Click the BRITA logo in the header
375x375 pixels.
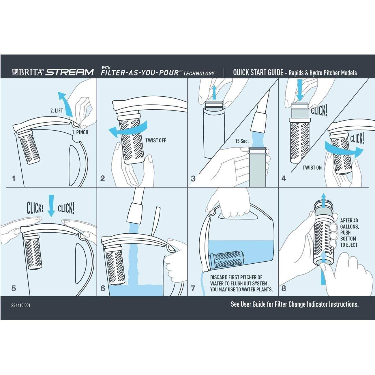coord(27,72)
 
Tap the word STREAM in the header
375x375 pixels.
coord(70,72)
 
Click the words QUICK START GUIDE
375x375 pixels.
coord(258,73)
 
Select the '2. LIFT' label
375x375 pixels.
coord(57,111)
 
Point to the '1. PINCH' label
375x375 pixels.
coord(80,132)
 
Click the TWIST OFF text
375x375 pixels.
coord(156,140)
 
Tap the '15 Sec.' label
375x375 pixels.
coord(242,141)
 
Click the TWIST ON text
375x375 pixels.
coord(312,168)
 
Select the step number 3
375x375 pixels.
coord(193,179)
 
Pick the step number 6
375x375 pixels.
coord(103,288)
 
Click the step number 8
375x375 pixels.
coord(284,288)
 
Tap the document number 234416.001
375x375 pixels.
coord(21,305)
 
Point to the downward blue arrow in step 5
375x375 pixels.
coord(51,206)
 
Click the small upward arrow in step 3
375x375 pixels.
coord(214,93)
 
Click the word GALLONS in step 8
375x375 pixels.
coord(350,226)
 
